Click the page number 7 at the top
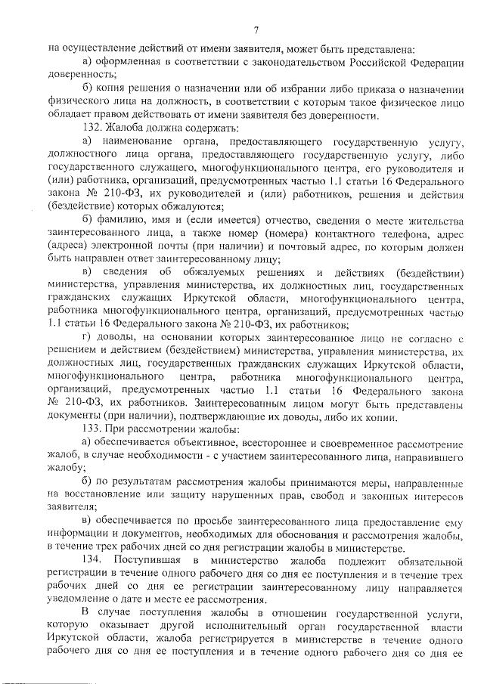(256, 30)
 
